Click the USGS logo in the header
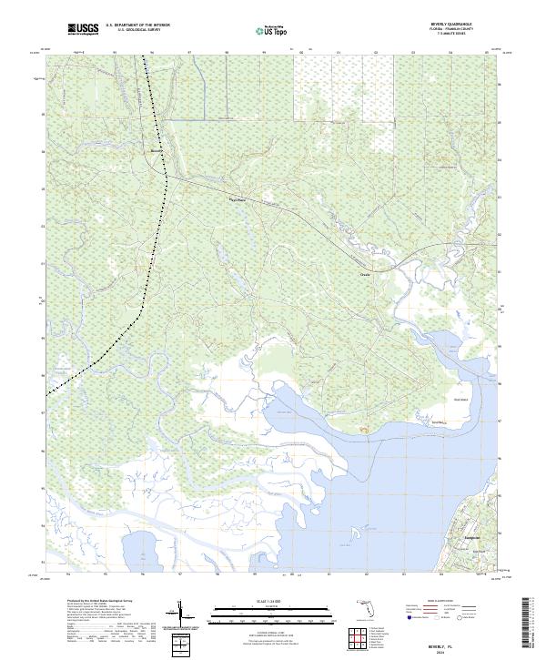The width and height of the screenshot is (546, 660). pos(83,29)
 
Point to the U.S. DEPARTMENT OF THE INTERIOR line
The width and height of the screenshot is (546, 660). pos(137,25)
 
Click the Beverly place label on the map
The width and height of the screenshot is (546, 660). pos(156,150)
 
